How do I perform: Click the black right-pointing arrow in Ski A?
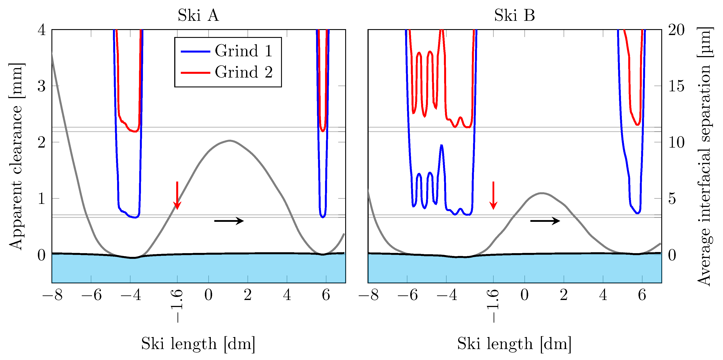coord(229,221)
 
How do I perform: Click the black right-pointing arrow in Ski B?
coord(545,221)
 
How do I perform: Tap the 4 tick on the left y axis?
coord(42,30)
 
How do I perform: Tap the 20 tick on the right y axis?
coord(676,30)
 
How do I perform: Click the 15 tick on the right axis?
coord(676,86)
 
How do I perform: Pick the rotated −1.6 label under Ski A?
coord(177,306)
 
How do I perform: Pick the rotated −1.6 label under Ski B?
coord(493,306)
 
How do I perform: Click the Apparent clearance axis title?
coord(16,156)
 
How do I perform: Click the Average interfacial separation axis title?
coord(704,156)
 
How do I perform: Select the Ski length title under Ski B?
coord(514,343)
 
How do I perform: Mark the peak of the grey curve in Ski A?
coord(230,140)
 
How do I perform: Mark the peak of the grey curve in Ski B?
coord(542,193)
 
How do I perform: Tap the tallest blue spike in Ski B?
coord(442,145)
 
